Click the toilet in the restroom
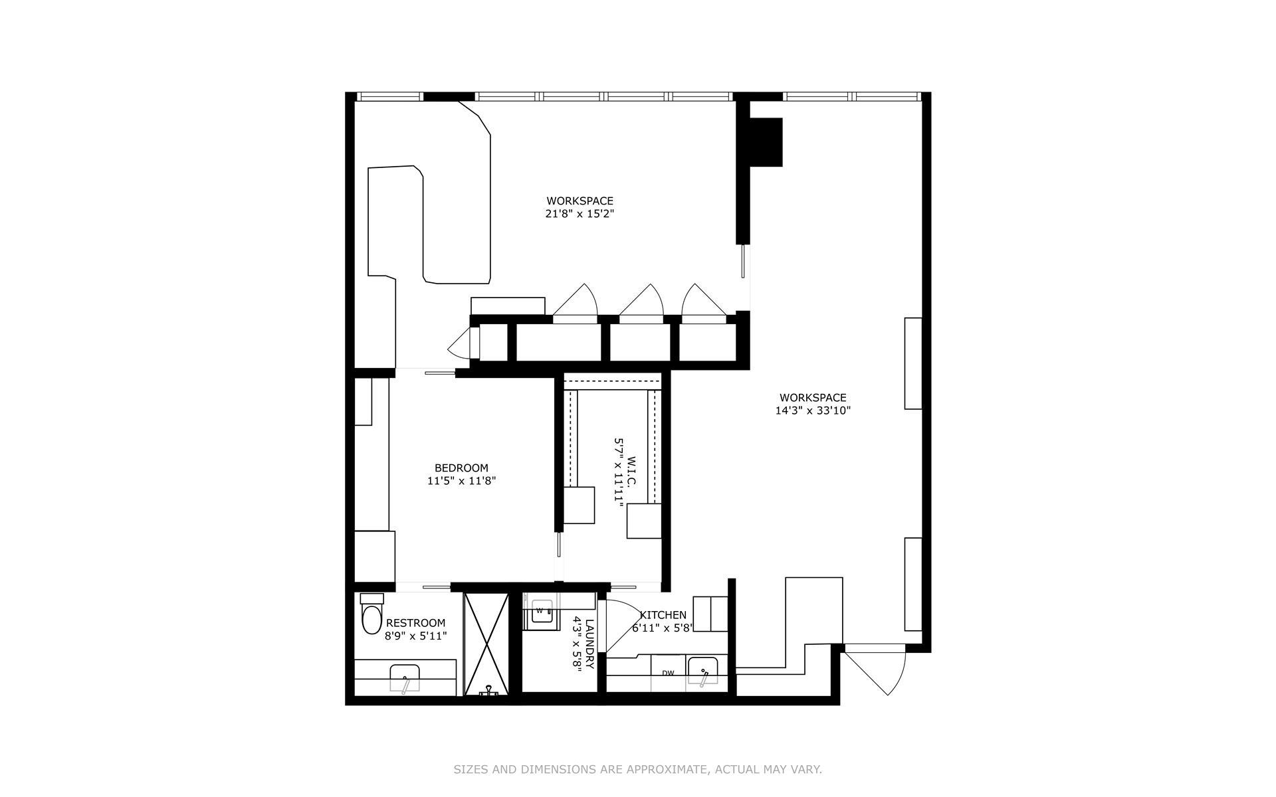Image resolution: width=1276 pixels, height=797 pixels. point(372,614)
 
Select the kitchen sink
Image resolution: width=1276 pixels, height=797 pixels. point(702,672)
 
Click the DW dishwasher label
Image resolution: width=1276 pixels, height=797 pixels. point(668,673)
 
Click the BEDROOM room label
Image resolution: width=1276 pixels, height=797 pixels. point(461,468)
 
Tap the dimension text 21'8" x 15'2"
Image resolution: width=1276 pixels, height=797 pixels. point(580,214)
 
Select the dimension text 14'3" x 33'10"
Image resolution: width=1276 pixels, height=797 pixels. point(813,410)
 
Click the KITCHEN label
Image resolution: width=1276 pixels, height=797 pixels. point(663,615)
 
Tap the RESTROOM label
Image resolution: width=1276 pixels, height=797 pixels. point(415,623)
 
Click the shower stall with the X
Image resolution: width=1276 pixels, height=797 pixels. point(486,644)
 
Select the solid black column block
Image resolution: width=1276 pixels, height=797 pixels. point(766,141)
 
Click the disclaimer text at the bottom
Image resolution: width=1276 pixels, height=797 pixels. point(638,770)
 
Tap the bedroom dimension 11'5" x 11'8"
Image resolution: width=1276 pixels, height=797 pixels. point(461,481)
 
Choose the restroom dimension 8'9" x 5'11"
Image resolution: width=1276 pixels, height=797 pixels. point(415,636)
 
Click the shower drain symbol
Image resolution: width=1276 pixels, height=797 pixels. point(488,691)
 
